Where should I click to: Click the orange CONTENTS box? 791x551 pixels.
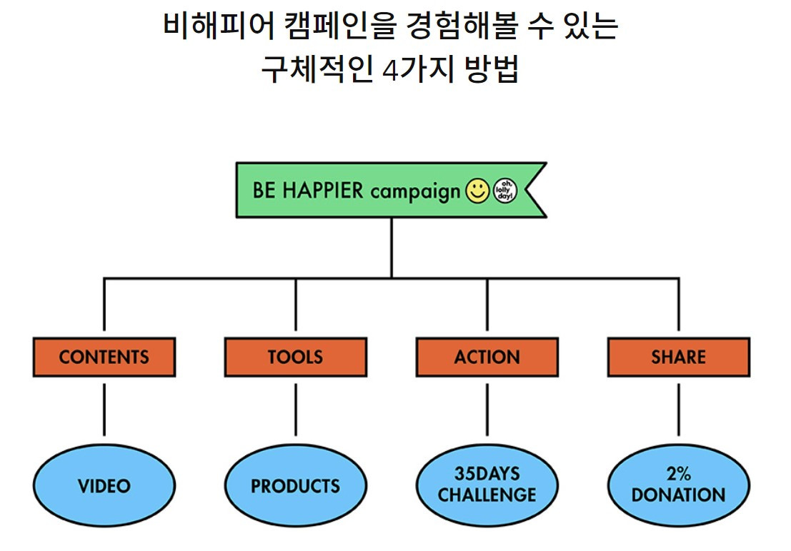104,357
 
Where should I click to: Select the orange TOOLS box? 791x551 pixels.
295,357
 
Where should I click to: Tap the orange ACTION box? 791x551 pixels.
487,357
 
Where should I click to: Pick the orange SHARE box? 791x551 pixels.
678,357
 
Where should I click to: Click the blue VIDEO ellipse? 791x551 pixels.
104,486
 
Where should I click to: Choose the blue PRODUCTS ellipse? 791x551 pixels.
295,486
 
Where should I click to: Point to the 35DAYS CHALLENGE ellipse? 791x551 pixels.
487,484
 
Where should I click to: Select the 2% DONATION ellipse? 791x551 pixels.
678,484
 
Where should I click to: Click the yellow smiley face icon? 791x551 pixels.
477,191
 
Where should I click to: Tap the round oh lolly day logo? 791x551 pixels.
504,191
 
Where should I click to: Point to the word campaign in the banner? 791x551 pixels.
415,192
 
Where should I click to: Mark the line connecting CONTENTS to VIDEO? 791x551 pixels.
104,408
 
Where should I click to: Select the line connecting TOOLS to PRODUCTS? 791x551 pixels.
295,408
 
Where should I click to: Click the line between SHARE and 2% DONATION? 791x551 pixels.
678,408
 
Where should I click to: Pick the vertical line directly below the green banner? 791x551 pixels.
392,246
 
